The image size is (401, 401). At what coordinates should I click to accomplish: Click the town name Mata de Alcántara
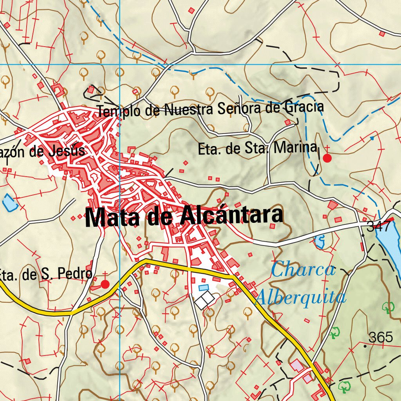(184, 217)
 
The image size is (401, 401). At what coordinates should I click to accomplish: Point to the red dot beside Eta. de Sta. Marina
(327, 158)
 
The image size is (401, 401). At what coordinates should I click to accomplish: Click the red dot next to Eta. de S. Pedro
(105, 284)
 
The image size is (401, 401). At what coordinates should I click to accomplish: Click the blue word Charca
(303, 271)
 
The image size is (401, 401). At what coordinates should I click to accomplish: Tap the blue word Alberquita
(300, 298)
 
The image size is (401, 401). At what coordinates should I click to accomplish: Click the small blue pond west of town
(9, 202)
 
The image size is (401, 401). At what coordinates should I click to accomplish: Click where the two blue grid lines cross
(120, 64)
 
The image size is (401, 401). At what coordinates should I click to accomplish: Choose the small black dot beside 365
(365, 346)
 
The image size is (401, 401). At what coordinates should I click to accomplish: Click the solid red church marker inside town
(79, 145)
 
